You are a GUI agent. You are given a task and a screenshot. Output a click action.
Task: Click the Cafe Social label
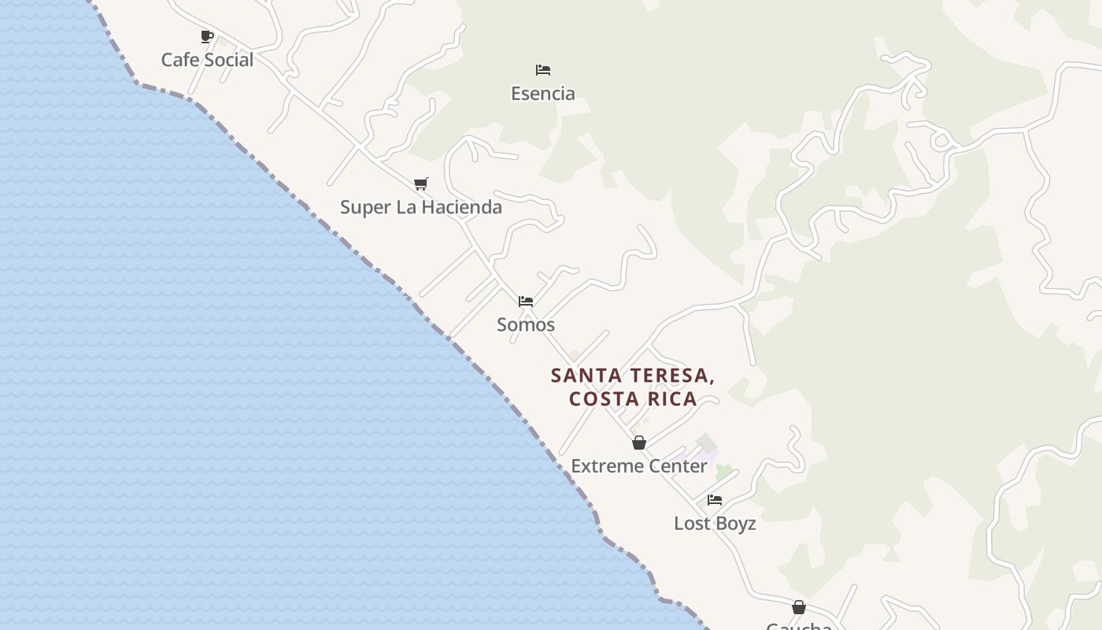(207, 60)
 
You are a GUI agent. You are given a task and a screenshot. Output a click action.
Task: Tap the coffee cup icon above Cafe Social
(207, 36)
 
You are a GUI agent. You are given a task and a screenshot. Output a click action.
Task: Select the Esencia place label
(543, 94)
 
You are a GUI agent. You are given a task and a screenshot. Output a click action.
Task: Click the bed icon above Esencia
(543, 70)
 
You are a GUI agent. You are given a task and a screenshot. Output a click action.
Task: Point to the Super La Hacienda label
(421, 207)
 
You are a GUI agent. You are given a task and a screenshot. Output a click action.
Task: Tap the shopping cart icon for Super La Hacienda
(421, 183)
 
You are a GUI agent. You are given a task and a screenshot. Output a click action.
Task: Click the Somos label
(526, 324)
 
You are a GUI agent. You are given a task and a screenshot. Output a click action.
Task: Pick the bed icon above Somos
(526, 302)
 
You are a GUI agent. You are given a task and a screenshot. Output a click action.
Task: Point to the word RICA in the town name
(673, 398)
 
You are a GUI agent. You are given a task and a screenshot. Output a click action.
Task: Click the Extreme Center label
(639, 466)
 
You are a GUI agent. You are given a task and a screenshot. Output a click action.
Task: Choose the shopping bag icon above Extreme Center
(639, 443)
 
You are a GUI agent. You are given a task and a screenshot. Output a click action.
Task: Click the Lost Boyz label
(715, 524)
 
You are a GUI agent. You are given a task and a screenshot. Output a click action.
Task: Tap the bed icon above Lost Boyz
(715, 500)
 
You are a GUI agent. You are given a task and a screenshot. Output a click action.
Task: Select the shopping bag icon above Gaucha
(798, 607)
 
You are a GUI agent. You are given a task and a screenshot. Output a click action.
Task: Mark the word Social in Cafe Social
(228, 60)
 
